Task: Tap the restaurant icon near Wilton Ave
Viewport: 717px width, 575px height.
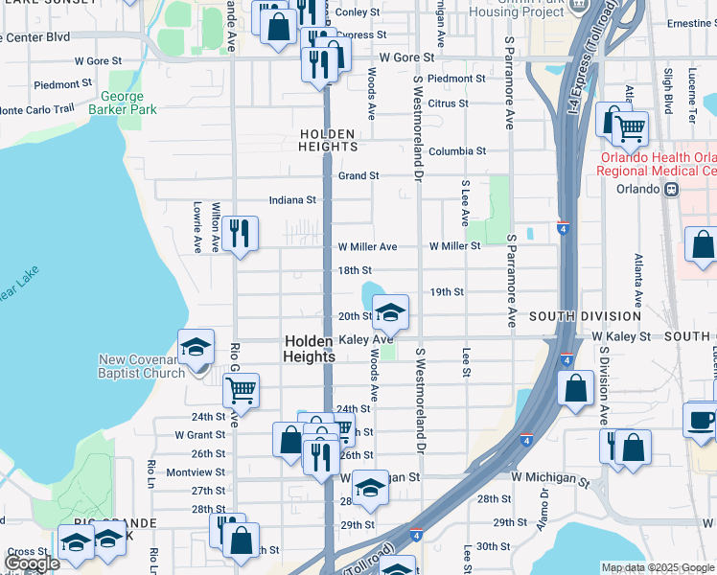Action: (x=240, y=233)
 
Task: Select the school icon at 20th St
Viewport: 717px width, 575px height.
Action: (x=390, y=312)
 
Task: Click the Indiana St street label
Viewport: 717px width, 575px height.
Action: (x=292, y=200)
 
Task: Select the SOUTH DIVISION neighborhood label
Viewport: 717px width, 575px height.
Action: (x=585, y=316)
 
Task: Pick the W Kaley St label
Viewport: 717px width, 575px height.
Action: (x=620, y=337)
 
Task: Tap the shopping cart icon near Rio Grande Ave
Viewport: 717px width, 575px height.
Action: (x=242, y=390)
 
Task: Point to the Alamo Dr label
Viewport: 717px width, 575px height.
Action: (x=544, y=502)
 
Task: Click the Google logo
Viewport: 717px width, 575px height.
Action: (x=32, y=563)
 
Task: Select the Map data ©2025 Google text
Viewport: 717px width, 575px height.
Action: (x=658, y=567)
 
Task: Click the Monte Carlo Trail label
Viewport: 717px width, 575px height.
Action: (x=37, y=110)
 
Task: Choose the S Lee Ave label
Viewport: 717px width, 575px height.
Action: (x=465, y=202)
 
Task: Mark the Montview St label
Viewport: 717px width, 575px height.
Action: (x=196, y=472)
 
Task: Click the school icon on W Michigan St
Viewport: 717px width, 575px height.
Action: (x=371, y=491)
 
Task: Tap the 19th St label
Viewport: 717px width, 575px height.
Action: (x=447, y=291)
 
